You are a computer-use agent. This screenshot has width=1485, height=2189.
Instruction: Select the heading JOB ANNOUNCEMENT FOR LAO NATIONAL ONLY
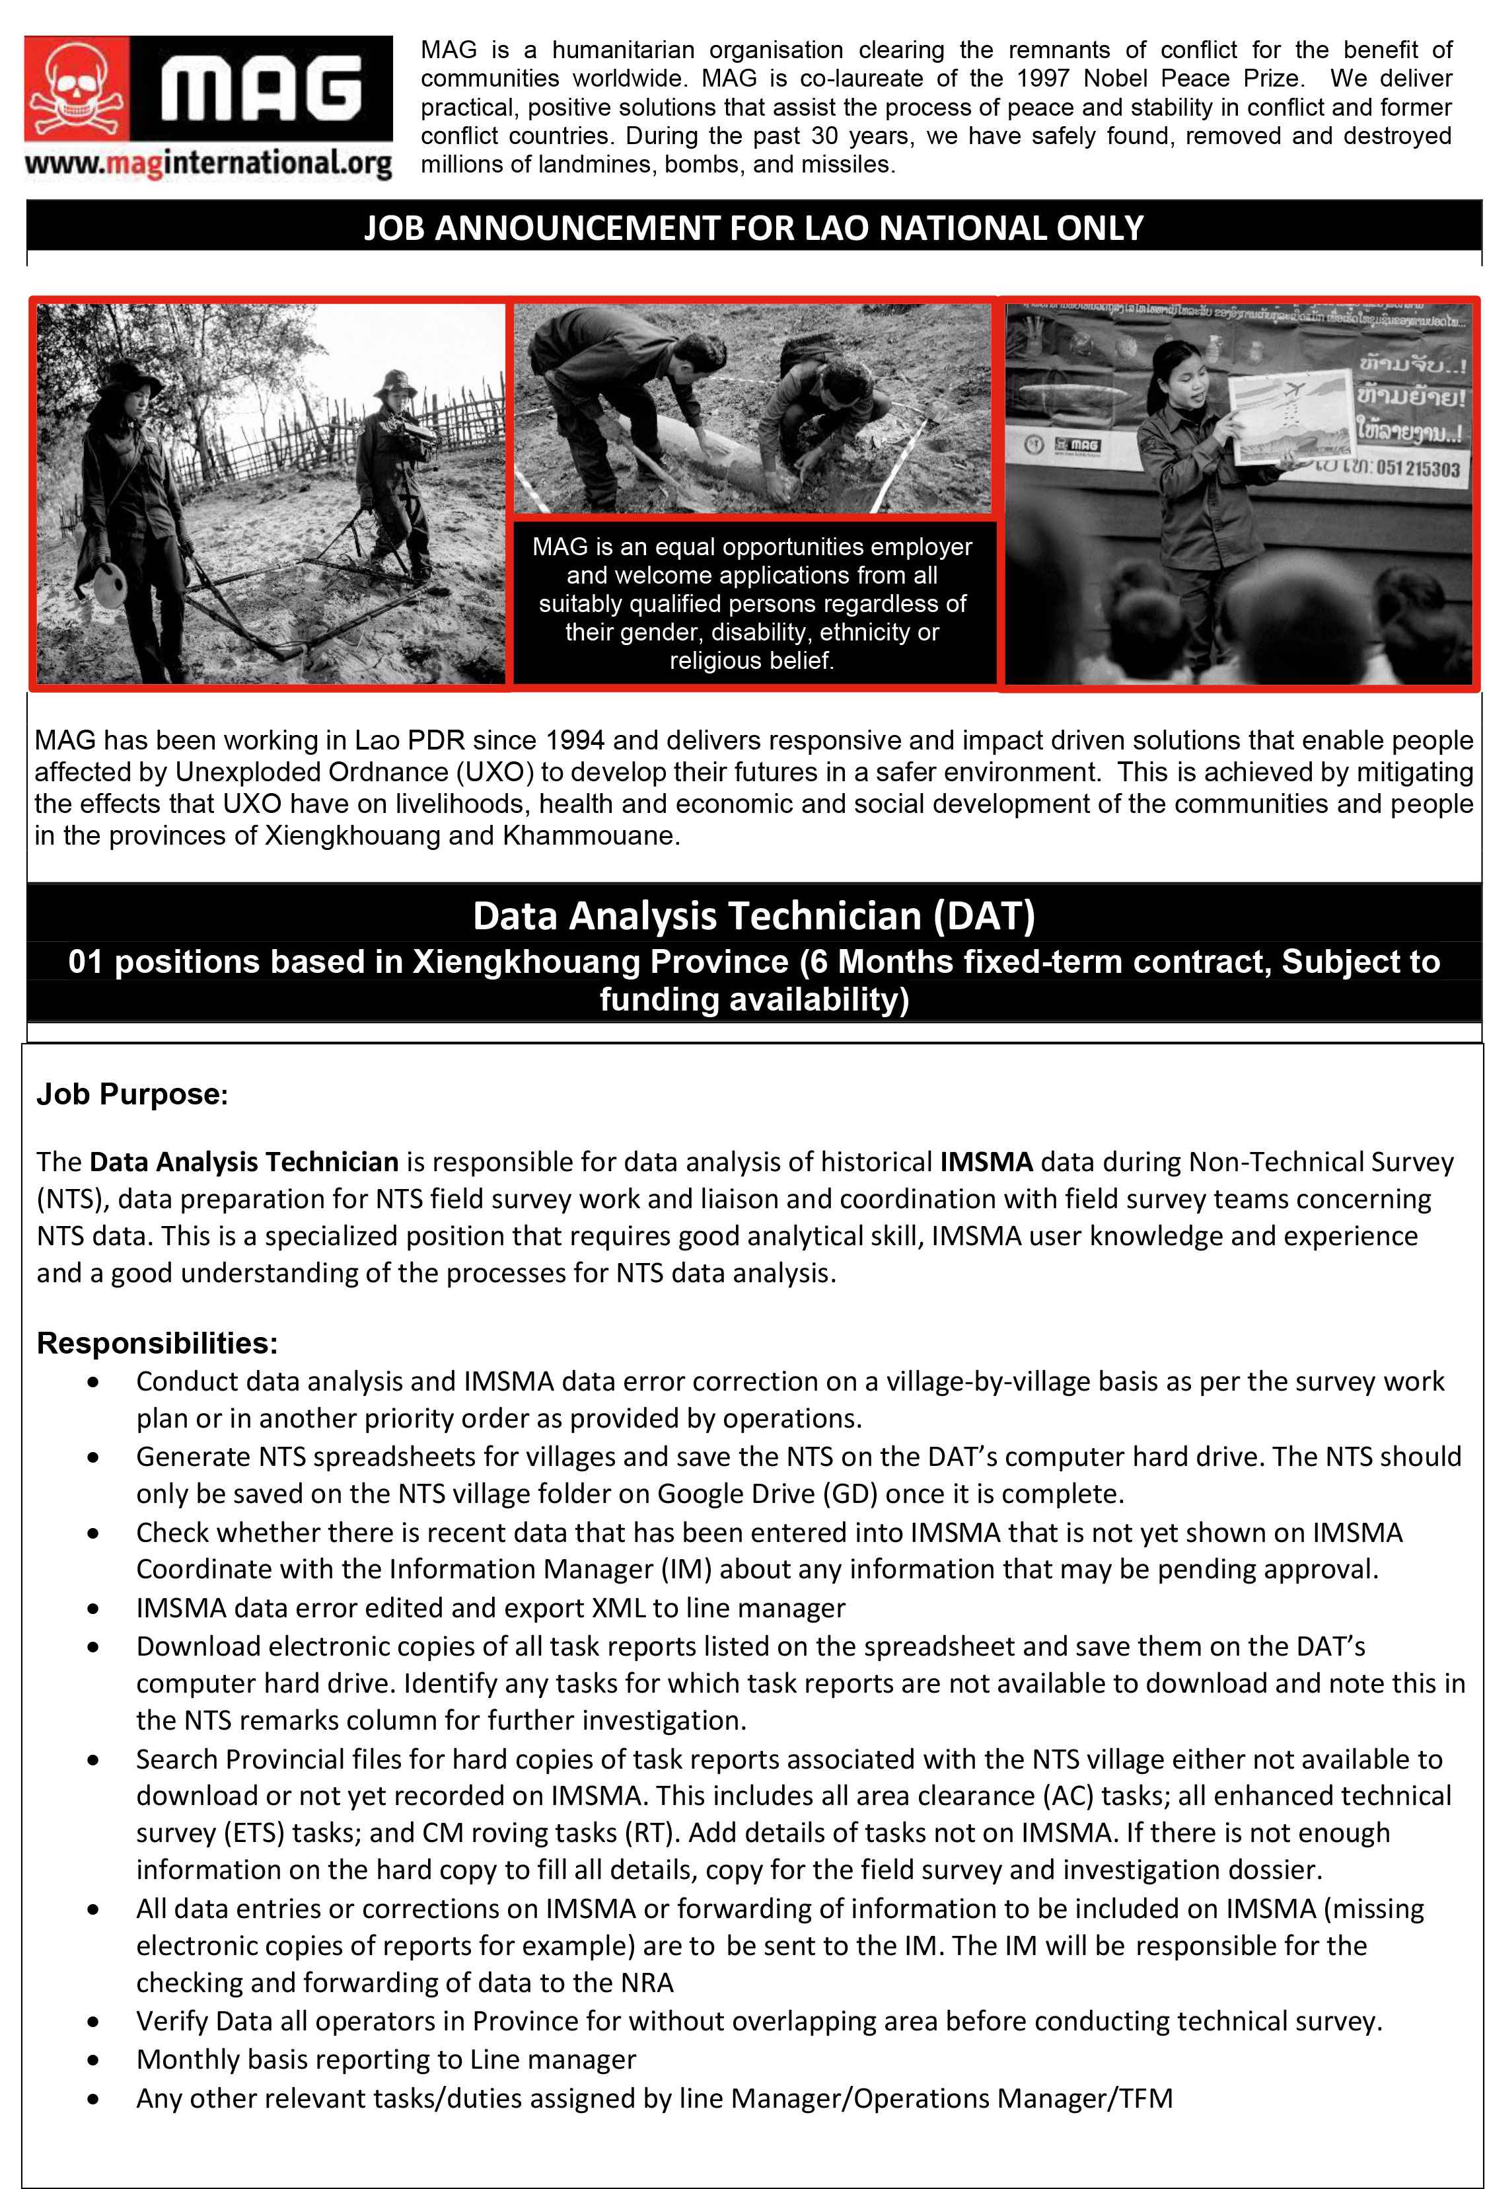pos(753,228)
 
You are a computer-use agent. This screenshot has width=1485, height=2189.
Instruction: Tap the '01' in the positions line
pos(87,962)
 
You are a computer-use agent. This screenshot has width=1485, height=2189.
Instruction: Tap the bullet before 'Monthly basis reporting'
pos(92,2060)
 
